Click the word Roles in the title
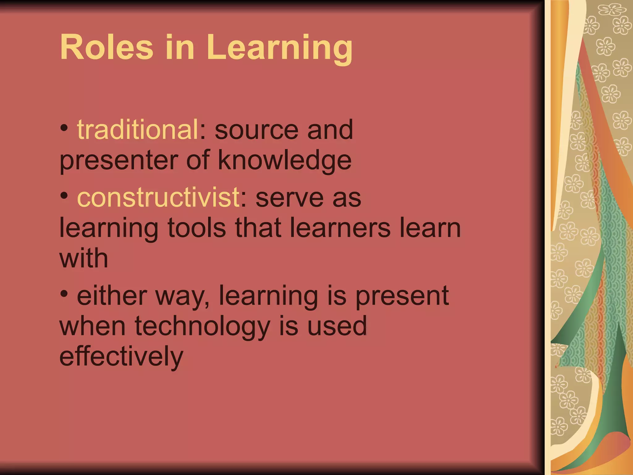pyautogui.click(x=106, y=47)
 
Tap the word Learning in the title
pyautogui.click(x=280, y=48)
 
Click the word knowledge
pyautogui.click(x=285, y=161)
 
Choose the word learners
pyautogui.click(x=340, y=228)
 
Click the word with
pyautogui.click(x=83, y=258)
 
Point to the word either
pyautogui.click(x=112, y=296)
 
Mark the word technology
pyautogui.click(x=202, y=326)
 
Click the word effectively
pyautogui.click(x=121, y=357)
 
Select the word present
pyautogui.click(x=402, y=296)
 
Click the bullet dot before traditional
pyautogui.click(x=64, y=127)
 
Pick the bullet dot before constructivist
pyautogui.click(x=64, y=195)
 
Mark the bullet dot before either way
pyautogui.click(x=64, y=294)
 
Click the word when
pyautogui.click(x=92, y=326)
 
